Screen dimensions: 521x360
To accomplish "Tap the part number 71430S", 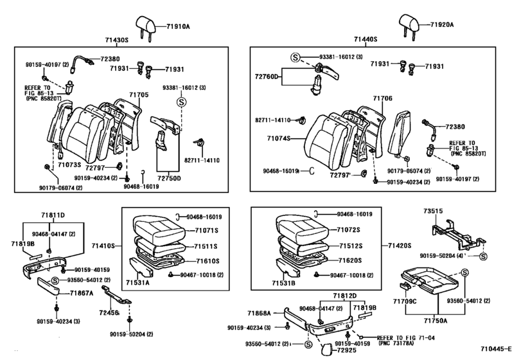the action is click(117, 40).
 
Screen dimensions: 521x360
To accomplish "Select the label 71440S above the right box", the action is click(366, 39).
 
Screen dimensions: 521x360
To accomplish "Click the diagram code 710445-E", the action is click(497, 348).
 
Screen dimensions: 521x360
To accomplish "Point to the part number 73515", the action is click(433, 211).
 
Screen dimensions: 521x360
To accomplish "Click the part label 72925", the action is click(346, 350).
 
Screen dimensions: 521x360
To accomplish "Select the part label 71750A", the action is click(436, 321).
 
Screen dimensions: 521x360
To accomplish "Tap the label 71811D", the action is click(53, 215).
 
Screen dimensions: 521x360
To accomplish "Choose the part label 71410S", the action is click(103, 246).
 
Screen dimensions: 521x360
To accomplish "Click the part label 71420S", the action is click(400, 246).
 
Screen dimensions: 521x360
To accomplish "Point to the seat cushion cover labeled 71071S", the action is click(158, 228).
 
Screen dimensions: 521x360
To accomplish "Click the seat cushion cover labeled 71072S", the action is click(302, 227).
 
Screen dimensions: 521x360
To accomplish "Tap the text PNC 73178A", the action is click(396, 343).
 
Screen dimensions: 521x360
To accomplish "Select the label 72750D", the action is click(169, 179).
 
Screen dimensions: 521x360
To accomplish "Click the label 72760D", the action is click(267, 76).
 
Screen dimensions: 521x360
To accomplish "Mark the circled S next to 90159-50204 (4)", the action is click(484, 256).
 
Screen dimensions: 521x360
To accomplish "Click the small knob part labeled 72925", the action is click(326, 349).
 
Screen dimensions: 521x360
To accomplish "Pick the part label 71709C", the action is click(405, 301).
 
